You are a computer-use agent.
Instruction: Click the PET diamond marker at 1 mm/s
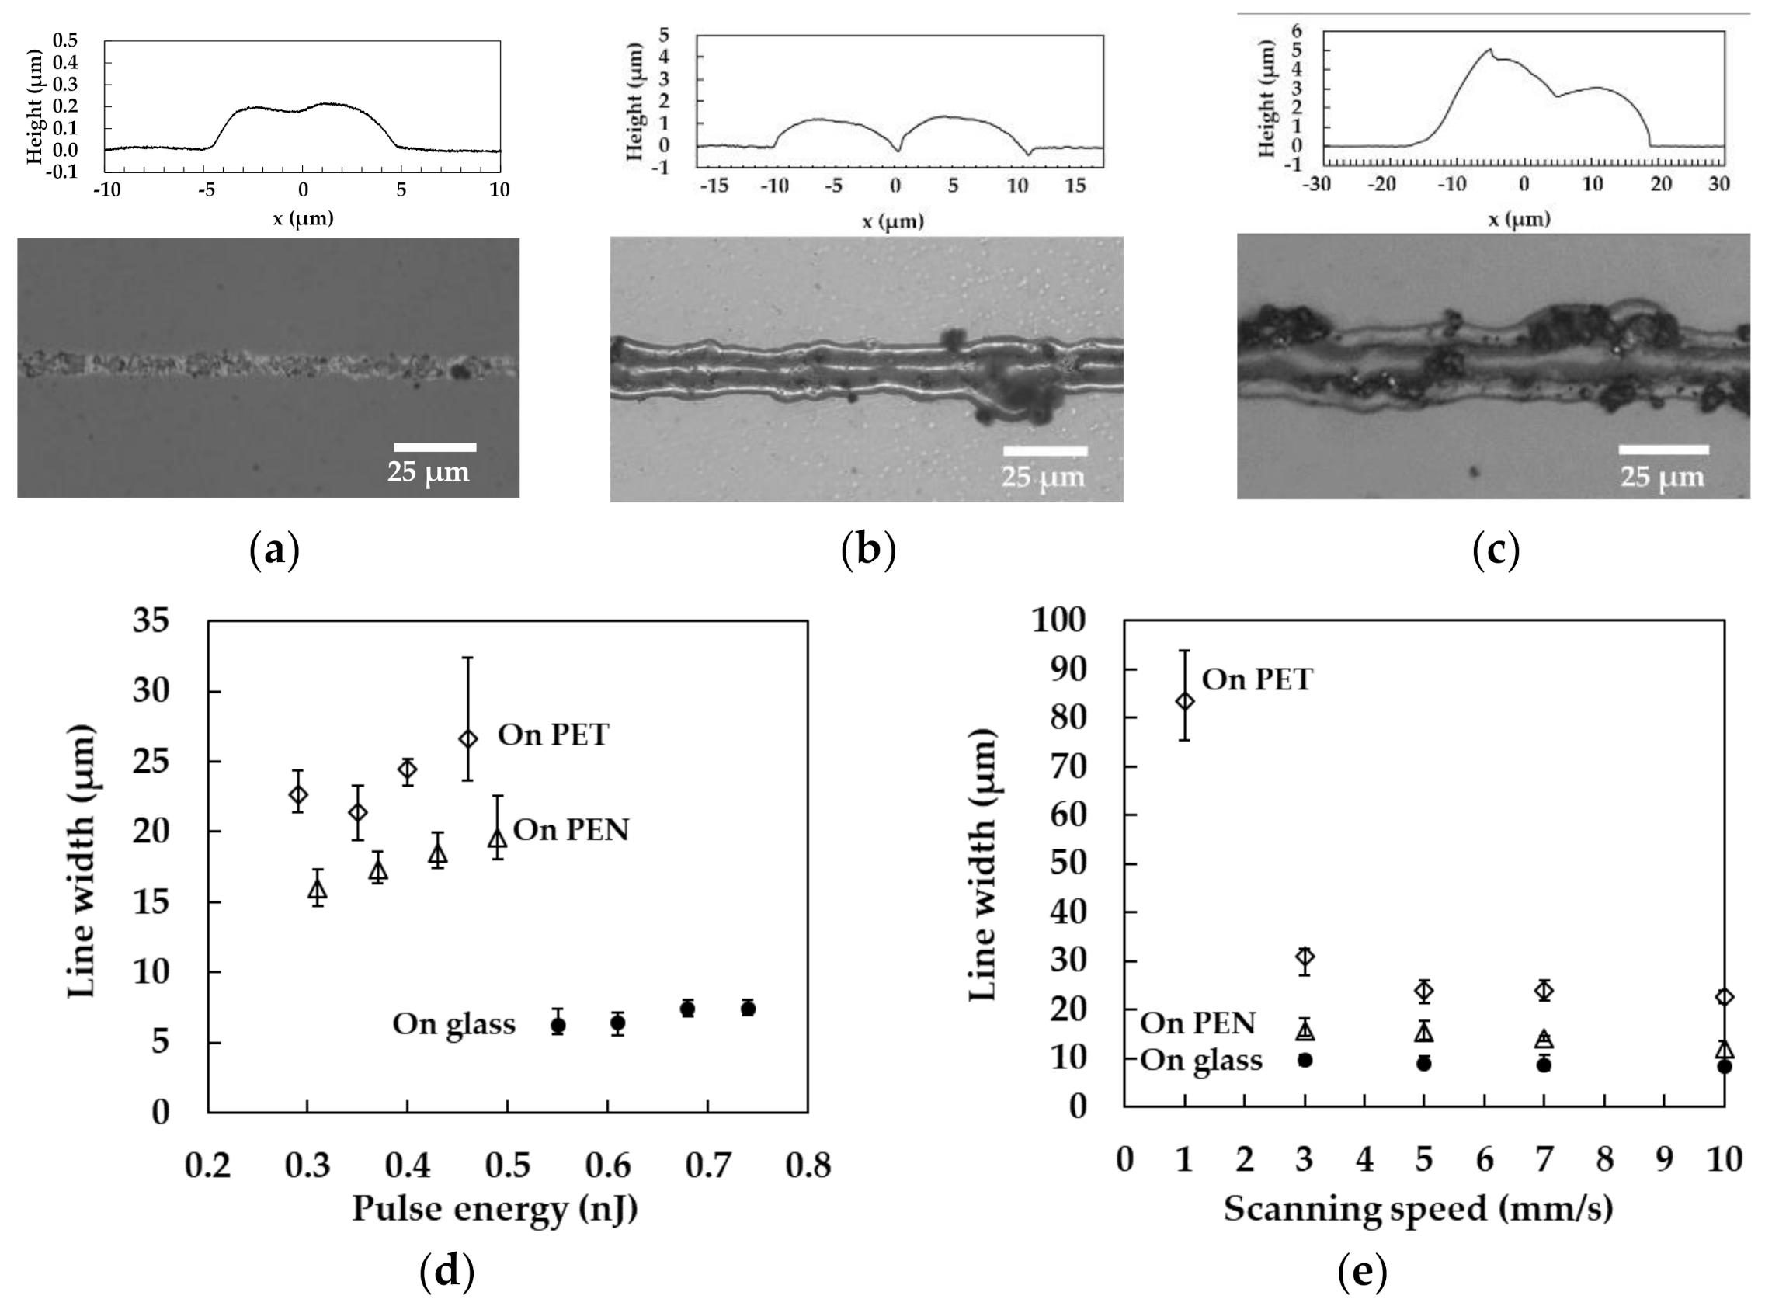(x=1184, y=701)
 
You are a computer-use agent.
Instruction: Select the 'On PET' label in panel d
(x=553, y=735)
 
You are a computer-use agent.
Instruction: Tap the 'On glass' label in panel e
(x=1200, y=1060)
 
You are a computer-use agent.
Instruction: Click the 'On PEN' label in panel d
(x=571, y=830)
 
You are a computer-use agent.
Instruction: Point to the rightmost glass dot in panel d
(x=748, y=1008)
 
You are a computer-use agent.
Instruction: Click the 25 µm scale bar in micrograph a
(x=435, y=447)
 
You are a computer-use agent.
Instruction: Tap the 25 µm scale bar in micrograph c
(x=1663, y=450)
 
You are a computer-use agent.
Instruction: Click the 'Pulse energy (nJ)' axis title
(x=495, y=1209)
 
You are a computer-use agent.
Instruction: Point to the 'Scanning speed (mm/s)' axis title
(x=1418, y=1209)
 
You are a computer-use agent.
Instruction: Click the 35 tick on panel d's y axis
(x=150, y=620)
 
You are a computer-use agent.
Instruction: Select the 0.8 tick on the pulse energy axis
(x=808, y=1165)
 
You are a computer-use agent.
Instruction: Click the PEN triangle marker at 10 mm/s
(x=1724, y=1050)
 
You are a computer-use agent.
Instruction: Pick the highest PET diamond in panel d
(x=468, y=738)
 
